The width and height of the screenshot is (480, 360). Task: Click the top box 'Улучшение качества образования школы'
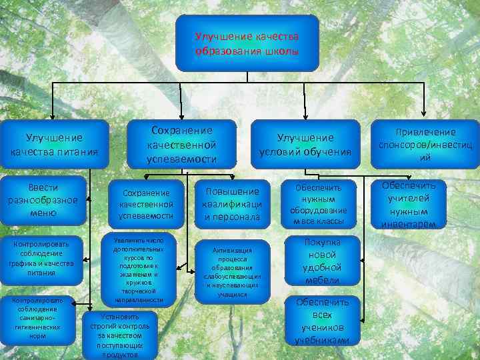click(x=247, y=43)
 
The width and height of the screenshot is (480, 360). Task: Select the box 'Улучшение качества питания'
click(x=54, y=145)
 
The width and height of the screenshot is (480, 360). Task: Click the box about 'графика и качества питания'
click(x=41, y=258)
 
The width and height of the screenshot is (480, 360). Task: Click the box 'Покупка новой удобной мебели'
click(x=323, y=261)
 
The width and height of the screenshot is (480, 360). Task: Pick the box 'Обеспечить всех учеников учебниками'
click(x=323, y=320)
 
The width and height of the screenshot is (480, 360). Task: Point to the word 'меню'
click(x=43, y=213)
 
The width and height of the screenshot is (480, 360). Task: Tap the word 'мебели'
click(x=323, y=280)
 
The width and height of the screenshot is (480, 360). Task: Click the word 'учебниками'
click(x=323, y=340)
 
